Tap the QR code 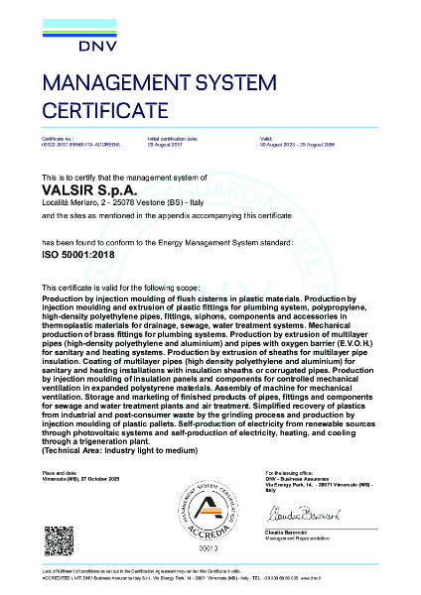tap(58, 541)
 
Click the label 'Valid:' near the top tap(265, 139)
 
